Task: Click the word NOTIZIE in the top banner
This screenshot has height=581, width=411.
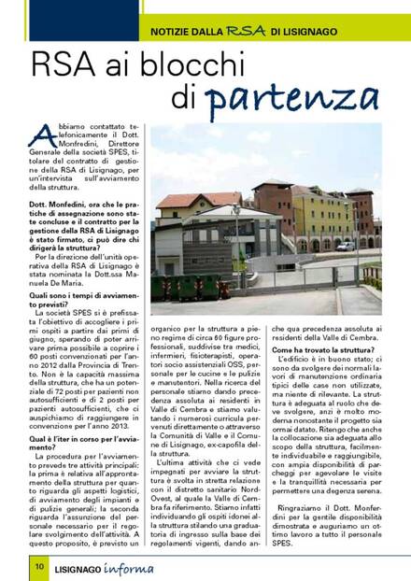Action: tap(175, 33)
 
